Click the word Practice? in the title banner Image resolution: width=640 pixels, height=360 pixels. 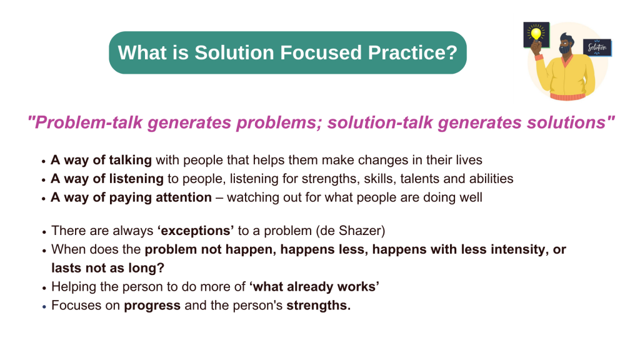coord(412,53)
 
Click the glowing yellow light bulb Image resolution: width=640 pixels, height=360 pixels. coord(536,34)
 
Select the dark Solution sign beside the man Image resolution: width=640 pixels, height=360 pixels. coord(597,47)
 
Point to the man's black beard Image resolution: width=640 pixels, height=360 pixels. coord(565,49)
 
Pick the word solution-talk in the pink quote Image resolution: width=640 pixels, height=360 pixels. coord(380,122)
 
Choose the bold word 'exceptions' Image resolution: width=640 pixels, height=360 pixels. coord(196,231)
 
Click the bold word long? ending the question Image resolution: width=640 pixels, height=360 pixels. coord(146,268)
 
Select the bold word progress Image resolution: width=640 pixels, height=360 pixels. coord(152,306)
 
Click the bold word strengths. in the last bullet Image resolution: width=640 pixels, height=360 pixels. coord(318,305)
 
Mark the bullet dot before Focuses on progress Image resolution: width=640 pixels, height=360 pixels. coord(44,306)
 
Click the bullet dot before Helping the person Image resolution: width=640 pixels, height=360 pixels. coord(44,287)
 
